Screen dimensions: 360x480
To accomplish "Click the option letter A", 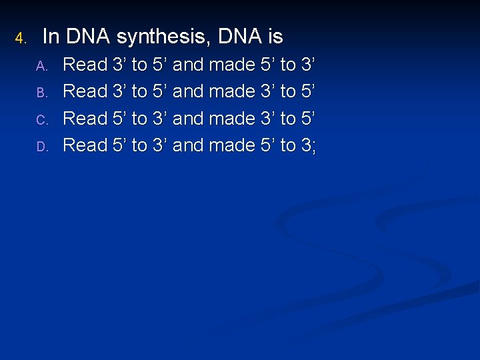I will pyautogui.click(x=41, y=66).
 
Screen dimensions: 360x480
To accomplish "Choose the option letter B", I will pyautogui.click(x=41, y=93).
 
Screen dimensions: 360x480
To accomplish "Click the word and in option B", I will pyautogui.click(x=187, y=91).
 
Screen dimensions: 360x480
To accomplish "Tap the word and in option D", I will pyautogui.click(x=187, y=145).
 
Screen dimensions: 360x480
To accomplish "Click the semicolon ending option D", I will pyautogui.click(x=313, y=148).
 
